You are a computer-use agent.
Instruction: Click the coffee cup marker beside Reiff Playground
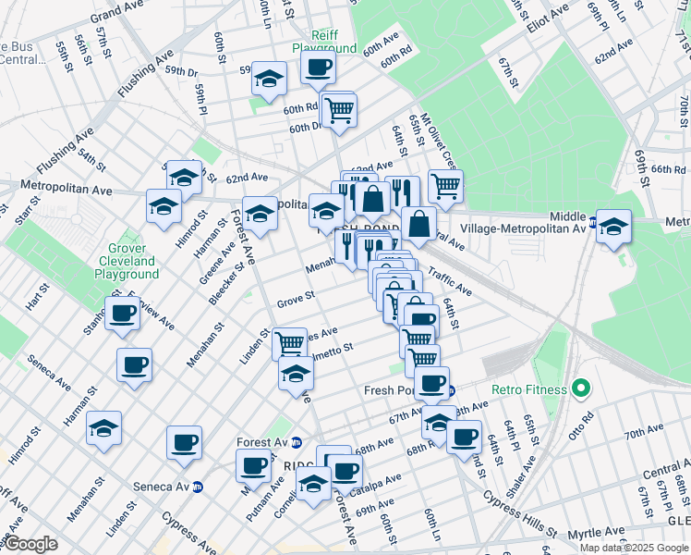(319, 67)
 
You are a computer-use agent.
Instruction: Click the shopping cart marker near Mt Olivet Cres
(445, 185)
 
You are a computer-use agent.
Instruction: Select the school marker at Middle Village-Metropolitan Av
(613, 225)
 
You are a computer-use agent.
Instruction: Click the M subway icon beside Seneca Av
(198, 487)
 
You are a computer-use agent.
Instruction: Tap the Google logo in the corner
(30, 544)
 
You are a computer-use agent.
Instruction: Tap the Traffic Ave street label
(450, 284)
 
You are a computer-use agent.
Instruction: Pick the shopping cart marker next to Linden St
(290, 342)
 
